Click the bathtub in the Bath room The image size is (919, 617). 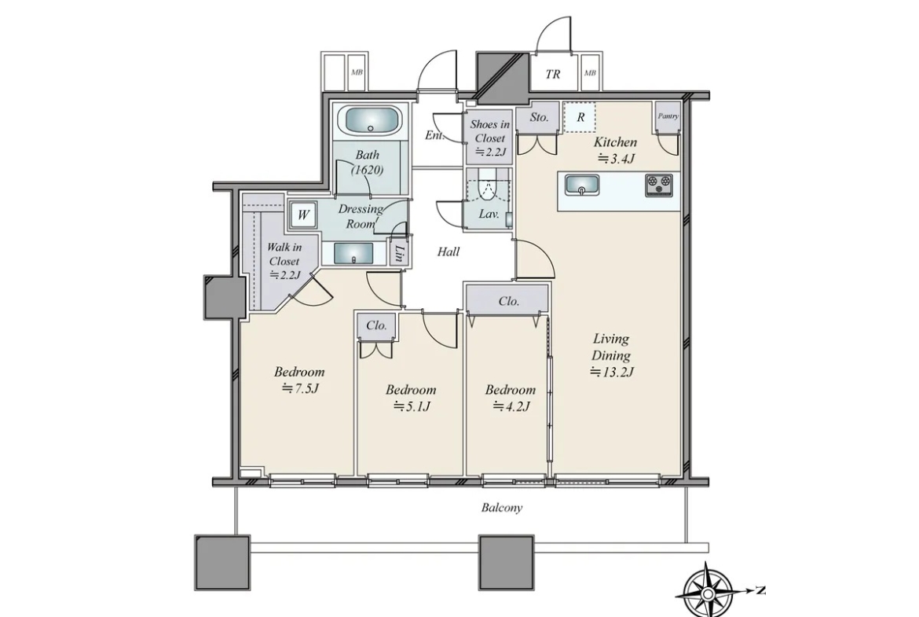[x=371, y=121]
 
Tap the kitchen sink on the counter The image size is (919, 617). [x=581, y=185]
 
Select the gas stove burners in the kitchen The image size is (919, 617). [x=659, y=185]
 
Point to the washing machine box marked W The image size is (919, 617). [x=303, y=215]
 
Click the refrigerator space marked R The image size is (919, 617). [x=580, y=117]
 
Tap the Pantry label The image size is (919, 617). [x=668, y=116]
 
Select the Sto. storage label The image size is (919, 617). [x=539, y=116]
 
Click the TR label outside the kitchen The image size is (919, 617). [x=553, y=74]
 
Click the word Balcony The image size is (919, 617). [x=502, y=508]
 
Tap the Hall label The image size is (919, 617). [x=449, y=252]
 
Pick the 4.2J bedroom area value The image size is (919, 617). [x=511, y=406]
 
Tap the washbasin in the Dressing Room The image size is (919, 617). [x=353, y=253]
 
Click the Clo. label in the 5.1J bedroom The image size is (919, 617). [x=376, y=325]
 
